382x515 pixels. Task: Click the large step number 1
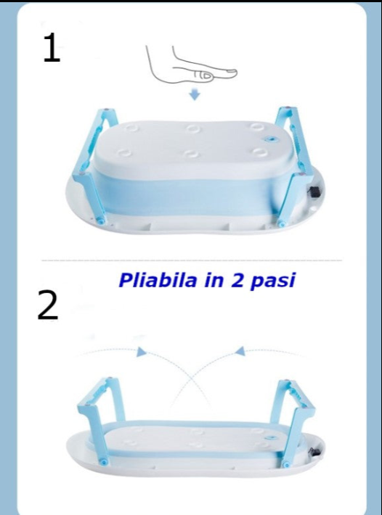tap(52, 49)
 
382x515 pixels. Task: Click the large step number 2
tap(48, 306)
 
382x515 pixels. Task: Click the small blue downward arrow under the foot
tap(193, 96)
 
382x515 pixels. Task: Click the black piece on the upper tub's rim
tap(316, 193)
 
